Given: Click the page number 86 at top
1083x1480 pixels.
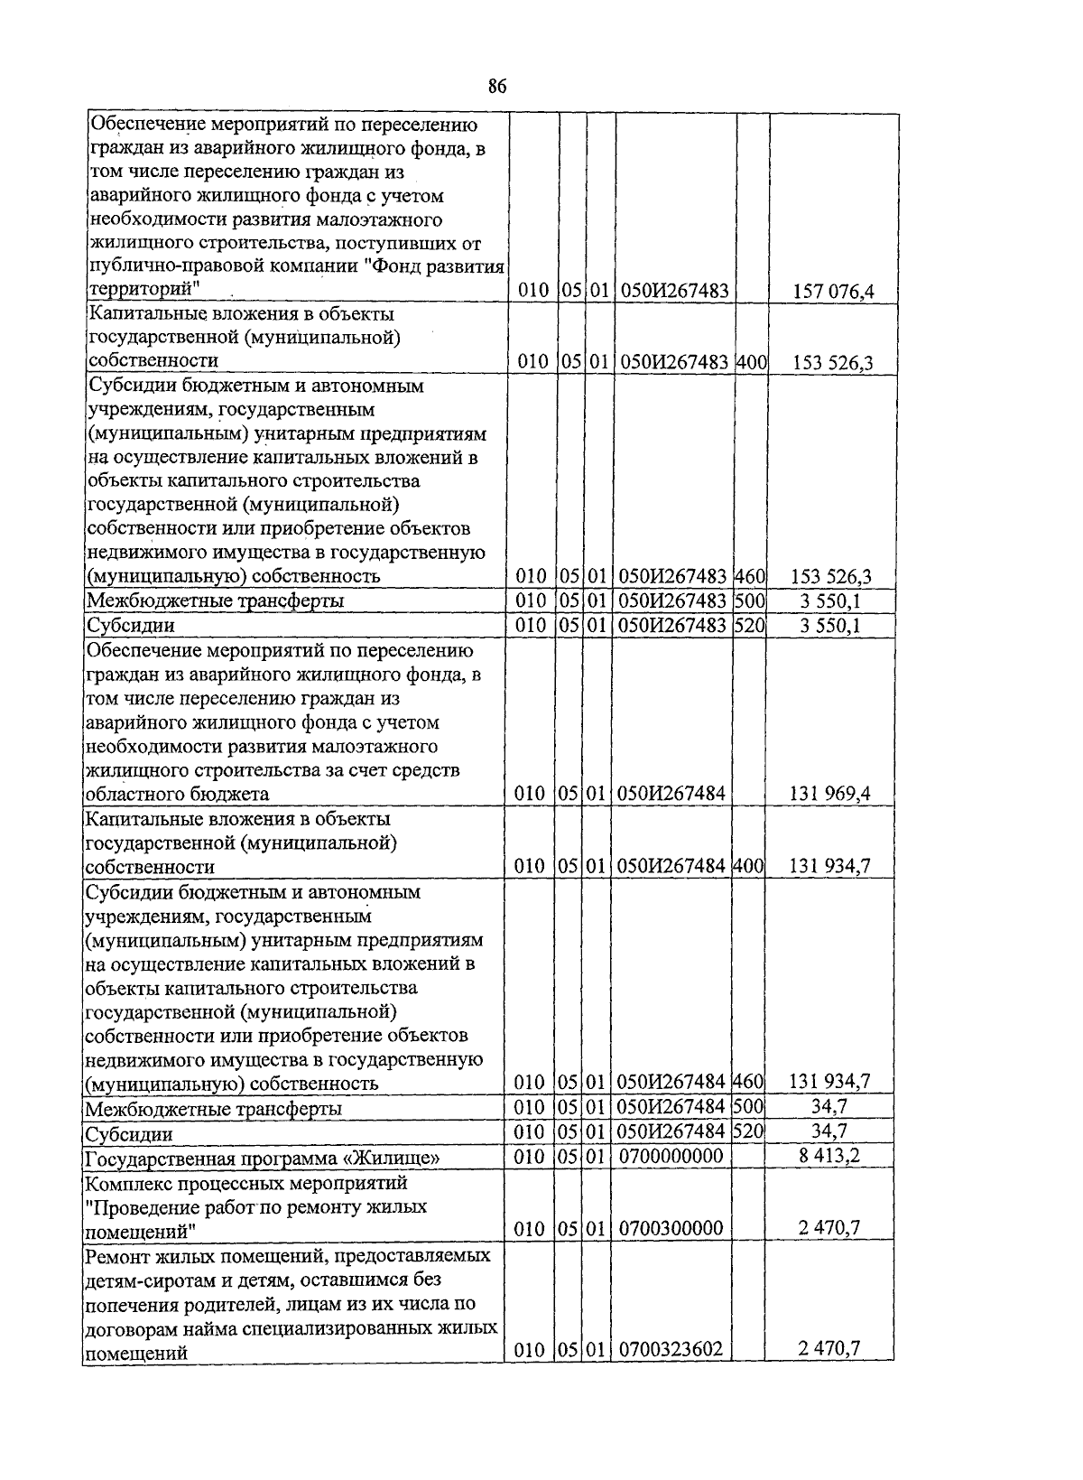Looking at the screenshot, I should tap(496, 88).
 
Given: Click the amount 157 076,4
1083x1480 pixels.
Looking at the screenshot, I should tap(832, 292).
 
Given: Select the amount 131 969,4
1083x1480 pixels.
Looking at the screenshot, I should tap(829, 794).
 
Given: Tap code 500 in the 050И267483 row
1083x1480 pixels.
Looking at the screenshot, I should tap(749, 600).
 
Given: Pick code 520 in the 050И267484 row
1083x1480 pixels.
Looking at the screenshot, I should tap(749, 1131).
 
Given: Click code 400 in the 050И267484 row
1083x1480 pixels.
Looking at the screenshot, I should tap(749, 866).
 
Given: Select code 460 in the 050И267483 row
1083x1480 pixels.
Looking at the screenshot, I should tap(749, 576).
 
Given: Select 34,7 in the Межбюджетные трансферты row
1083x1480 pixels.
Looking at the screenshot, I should tap(828, 1106).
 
